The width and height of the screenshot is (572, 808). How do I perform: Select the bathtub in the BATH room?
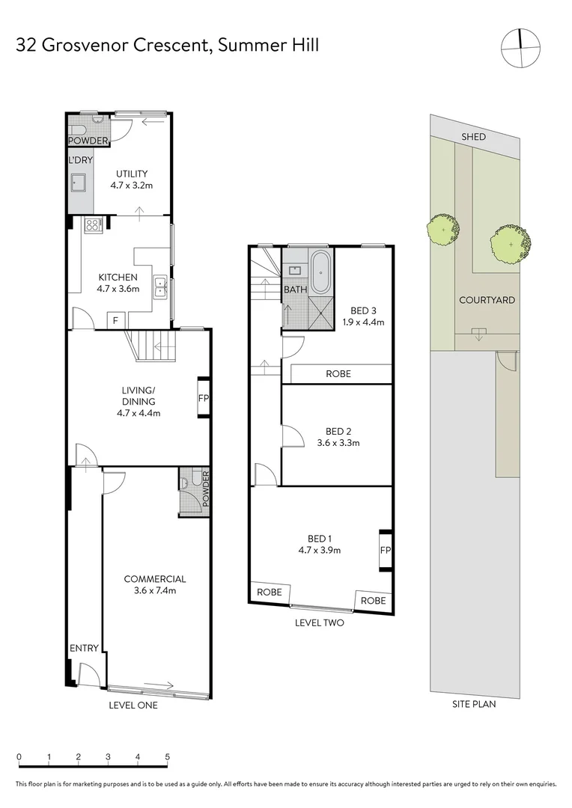321,272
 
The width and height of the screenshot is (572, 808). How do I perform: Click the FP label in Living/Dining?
203,398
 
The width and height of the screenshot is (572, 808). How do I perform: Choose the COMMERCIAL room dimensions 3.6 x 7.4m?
154,591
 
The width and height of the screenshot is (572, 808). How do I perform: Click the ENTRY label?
84,648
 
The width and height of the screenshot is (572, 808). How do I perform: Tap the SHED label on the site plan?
473,137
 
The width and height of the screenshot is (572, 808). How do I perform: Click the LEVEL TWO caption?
320,622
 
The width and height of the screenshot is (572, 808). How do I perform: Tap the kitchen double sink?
160,287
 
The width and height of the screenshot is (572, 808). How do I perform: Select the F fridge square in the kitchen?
115,319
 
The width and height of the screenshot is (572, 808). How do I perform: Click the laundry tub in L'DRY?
79,185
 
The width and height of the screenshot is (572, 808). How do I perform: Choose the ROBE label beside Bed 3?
337,373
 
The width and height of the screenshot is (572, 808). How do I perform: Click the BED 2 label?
338,431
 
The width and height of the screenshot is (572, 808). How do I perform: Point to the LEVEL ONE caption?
133,705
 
